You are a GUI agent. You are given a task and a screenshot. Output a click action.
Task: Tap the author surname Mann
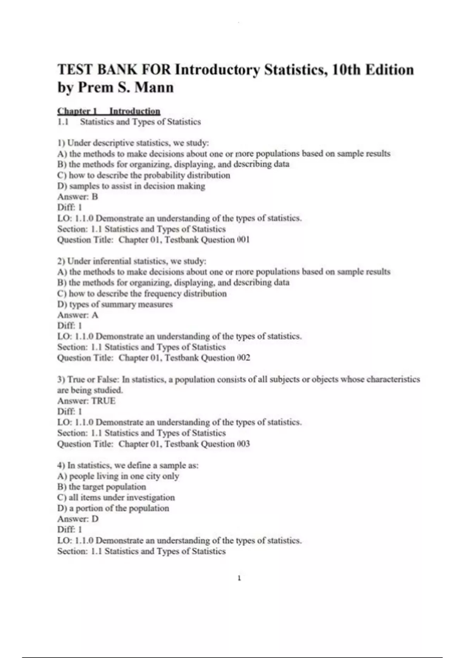(x=154, y=87)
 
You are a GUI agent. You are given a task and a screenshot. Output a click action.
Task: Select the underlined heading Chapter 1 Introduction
(x=108, y=111)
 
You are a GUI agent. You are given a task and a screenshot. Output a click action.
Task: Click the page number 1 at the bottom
(x=239, y=578)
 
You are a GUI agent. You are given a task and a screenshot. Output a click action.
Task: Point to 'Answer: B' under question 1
(x=77, y=197)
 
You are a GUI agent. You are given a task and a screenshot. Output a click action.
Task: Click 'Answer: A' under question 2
(x=77, y=315)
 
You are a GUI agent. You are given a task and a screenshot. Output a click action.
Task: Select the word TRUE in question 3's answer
(x=103, y=401)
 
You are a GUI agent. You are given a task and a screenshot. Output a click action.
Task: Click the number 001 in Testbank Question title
(x=243, y=240)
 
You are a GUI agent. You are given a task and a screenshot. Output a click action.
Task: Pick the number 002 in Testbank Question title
(x=243, y=358)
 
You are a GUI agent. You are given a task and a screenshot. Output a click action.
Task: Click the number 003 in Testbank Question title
(x=243, y=444)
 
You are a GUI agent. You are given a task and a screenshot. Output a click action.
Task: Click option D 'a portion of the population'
(x=113, y=508)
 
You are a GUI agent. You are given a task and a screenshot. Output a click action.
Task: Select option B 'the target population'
(x=102, y=487)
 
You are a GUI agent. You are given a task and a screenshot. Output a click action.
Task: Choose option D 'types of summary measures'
(x=115, y=304)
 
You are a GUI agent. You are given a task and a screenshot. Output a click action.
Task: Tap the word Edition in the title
(x=390, y=70)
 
